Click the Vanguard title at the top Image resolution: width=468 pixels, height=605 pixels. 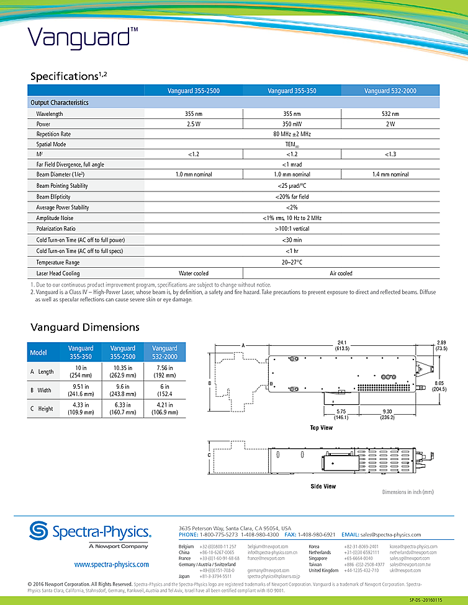(x=78, y=37)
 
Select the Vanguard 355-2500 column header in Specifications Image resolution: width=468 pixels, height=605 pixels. (x=193, y=91)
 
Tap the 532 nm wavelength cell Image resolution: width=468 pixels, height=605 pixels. (x=390, y=114)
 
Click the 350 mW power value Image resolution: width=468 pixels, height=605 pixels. (x=292, y=124)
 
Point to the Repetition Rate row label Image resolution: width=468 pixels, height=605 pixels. (x=53, y=134)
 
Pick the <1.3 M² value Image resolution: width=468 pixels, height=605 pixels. (x=390, y=154)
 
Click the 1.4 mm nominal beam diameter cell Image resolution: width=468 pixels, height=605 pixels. (x=390, y=174)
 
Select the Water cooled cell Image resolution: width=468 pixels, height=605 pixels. (x=193, y=273)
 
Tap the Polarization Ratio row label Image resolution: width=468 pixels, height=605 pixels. (x=56, y=229)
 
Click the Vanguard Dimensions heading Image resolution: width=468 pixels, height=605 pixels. (x=85, y=327)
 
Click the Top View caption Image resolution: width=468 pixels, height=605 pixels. (x=322, y=428)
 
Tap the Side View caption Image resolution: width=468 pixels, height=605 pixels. (x=323, y=487)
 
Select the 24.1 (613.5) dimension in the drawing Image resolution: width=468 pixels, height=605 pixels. (x=343, y=345)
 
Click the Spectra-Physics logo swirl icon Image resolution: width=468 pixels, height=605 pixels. (x=40, y=532)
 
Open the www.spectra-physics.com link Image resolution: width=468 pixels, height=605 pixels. (x=111, y=565)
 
